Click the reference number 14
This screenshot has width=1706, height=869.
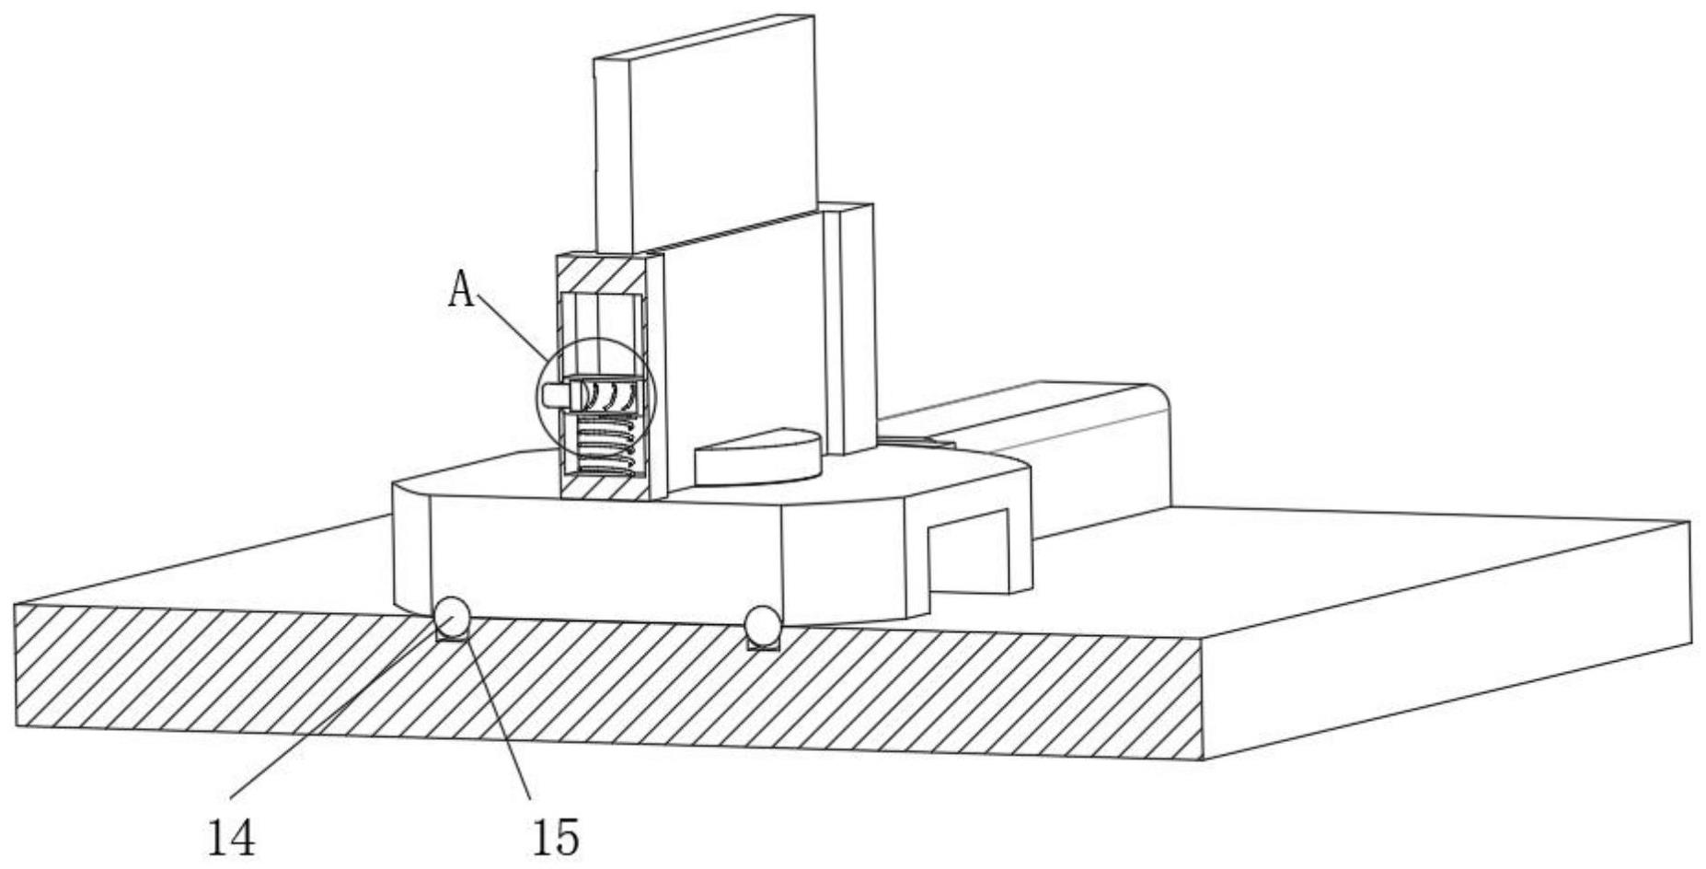click(x=231, y=837)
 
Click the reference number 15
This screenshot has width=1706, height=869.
click(x=556, y=837)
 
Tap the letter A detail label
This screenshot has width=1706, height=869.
click(x=462, y=291)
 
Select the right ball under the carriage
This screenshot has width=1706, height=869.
click(x=762, y=623)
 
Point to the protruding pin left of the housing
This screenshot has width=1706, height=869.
click(x=556, y=395)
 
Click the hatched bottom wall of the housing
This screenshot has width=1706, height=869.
click(x=603, y=485)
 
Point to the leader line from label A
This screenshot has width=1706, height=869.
click(x=512, y=328)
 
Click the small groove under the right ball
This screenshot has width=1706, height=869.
click(x=763, y=644)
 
